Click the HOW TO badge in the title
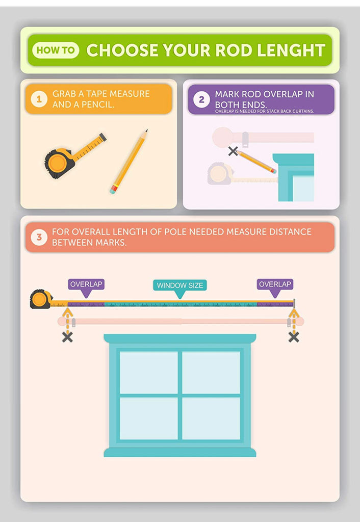[56, 50]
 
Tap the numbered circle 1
[39, 99]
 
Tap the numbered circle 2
[201, 99]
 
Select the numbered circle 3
[39, 237]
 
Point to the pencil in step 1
[129, 162]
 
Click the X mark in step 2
[233, 151]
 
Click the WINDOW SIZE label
[180, 285]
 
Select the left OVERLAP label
[86, 284]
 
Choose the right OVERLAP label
[275, 284]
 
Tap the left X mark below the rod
[68, 337]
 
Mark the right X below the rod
[294, 337]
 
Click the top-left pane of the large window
[148, 372]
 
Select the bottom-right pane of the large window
[211, 419]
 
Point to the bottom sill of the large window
[180, 452]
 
